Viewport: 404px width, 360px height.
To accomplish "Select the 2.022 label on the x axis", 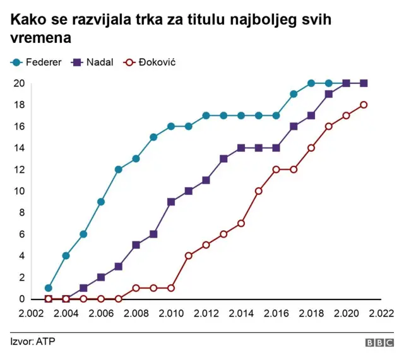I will coord(381,313).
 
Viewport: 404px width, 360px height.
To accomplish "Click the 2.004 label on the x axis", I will coord(66,313).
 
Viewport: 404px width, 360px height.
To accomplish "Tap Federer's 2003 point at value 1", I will coord(49,288).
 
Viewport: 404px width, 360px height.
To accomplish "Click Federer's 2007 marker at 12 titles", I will coord(119,170).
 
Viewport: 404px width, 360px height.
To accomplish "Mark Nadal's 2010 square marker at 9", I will coord(171,202).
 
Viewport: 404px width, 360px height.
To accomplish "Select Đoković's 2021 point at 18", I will coord(364,105).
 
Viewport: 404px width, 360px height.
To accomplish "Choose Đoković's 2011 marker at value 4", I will coord(189,255).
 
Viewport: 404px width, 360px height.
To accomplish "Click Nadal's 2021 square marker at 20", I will coord(364,83).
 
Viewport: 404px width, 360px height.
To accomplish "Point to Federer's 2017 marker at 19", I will coord(294,94).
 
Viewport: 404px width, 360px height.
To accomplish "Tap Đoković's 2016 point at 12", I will coord(276,170).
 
